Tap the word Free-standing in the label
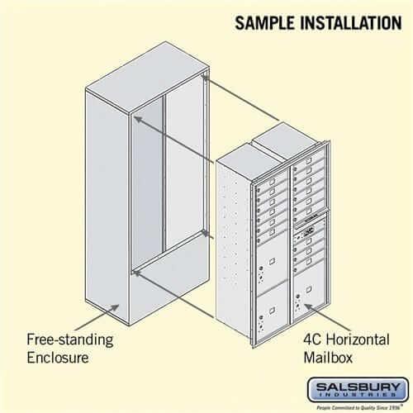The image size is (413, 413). click(x=70, y=339)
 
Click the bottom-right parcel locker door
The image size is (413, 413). click(x=308, y=302)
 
